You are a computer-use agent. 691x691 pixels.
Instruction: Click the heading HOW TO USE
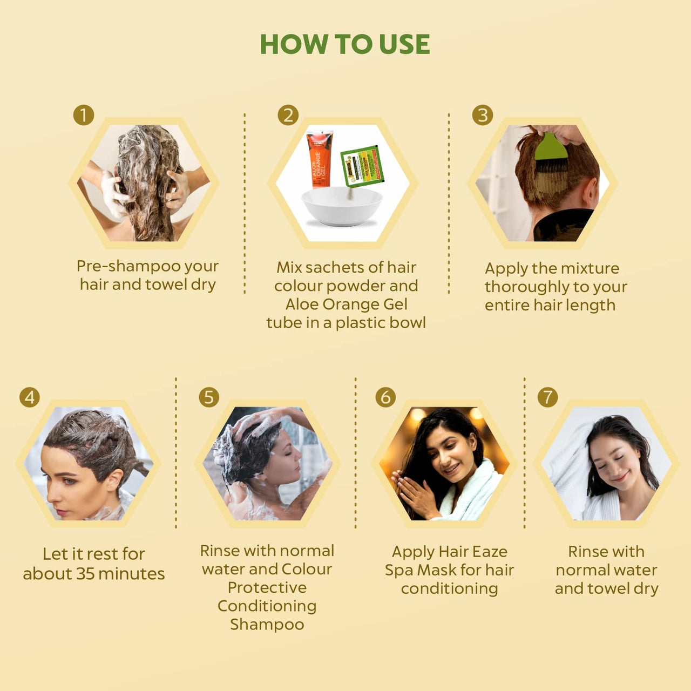pos(345,44)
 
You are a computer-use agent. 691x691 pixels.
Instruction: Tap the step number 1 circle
pos(84,115)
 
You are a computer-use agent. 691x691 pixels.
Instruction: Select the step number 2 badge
pos(288,115)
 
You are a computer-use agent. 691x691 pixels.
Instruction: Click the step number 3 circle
pos(482,115)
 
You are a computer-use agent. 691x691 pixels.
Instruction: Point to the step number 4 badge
pos(30,397)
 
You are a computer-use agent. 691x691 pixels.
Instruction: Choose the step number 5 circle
pos(209,397)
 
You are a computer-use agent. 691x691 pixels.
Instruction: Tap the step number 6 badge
pos(385,397)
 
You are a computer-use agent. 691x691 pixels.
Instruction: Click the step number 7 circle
pos(547,397)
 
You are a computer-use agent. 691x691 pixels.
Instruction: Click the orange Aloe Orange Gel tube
pos(319,159)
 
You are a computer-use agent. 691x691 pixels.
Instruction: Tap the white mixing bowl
pos(342,208)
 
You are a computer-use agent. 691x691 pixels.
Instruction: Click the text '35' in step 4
pos(85,573)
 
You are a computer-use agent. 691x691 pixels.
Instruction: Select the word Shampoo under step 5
pos(267,625)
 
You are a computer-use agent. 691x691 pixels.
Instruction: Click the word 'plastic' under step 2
pos(357,323)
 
